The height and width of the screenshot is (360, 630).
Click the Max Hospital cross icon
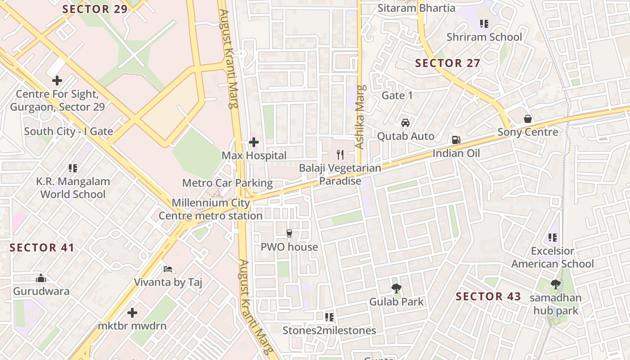254,143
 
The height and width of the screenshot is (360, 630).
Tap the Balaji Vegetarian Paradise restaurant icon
340,155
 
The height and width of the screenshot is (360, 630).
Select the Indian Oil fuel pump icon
456,140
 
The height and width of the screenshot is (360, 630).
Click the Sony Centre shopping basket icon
528,119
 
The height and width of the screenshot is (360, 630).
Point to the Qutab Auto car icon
405,123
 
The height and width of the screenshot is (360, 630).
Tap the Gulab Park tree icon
396,288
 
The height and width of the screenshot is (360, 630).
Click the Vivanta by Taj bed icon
168,269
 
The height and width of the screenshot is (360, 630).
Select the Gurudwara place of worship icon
41,278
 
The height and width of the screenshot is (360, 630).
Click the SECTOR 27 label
447,63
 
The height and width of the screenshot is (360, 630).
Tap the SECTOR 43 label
488,297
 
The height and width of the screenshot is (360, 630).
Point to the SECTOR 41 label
42,247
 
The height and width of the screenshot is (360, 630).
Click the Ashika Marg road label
359,117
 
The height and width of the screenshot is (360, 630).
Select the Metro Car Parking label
227,183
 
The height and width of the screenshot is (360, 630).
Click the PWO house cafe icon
289,233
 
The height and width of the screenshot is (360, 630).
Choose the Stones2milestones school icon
329,317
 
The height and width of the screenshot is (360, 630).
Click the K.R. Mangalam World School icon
72,168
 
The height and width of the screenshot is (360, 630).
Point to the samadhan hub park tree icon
555,284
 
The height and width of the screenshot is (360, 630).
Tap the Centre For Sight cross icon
57,81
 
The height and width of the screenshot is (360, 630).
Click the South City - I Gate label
68,131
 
